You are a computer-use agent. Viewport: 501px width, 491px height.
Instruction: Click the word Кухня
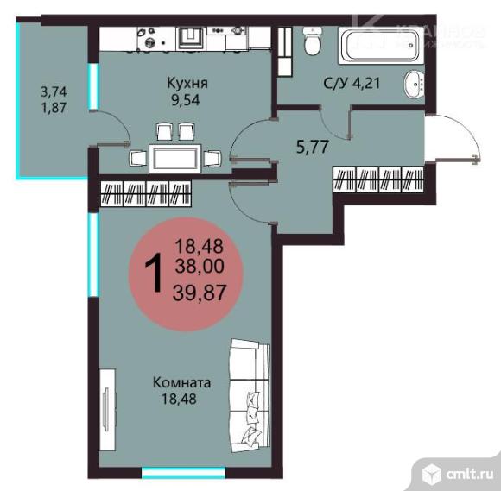(187, 84)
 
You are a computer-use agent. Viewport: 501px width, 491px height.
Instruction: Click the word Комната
(181, 382)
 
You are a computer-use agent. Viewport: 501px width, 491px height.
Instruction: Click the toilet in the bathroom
(312, 41)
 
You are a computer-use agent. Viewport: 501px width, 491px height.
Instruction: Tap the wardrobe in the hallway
(378, 182)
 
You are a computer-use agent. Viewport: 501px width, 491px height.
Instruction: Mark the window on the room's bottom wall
(176, 472)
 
